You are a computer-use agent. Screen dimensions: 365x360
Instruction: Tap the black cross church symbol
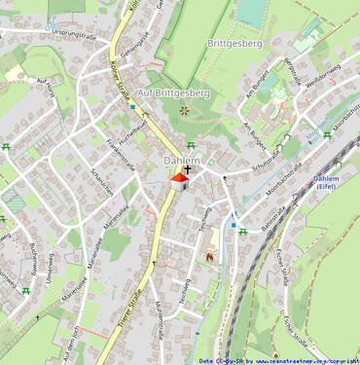[187, 169]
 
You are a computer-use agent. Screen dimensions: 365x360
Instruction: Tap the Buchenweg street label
[32, 257]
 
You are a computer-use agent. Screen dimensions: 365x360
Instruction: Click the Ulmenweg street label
[47, 269]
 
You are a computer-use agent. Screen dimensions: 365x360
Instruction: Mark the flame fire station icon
[206, 256]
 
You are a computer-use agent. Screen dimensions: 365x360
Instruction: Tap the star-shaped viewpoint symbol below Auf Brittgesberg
[185, 110]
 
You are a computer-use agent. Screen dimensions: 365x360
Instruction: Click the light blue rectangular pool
[251, 12]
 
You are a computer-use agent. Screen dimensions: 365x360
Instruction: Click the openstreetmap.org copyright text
[306, 360]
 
